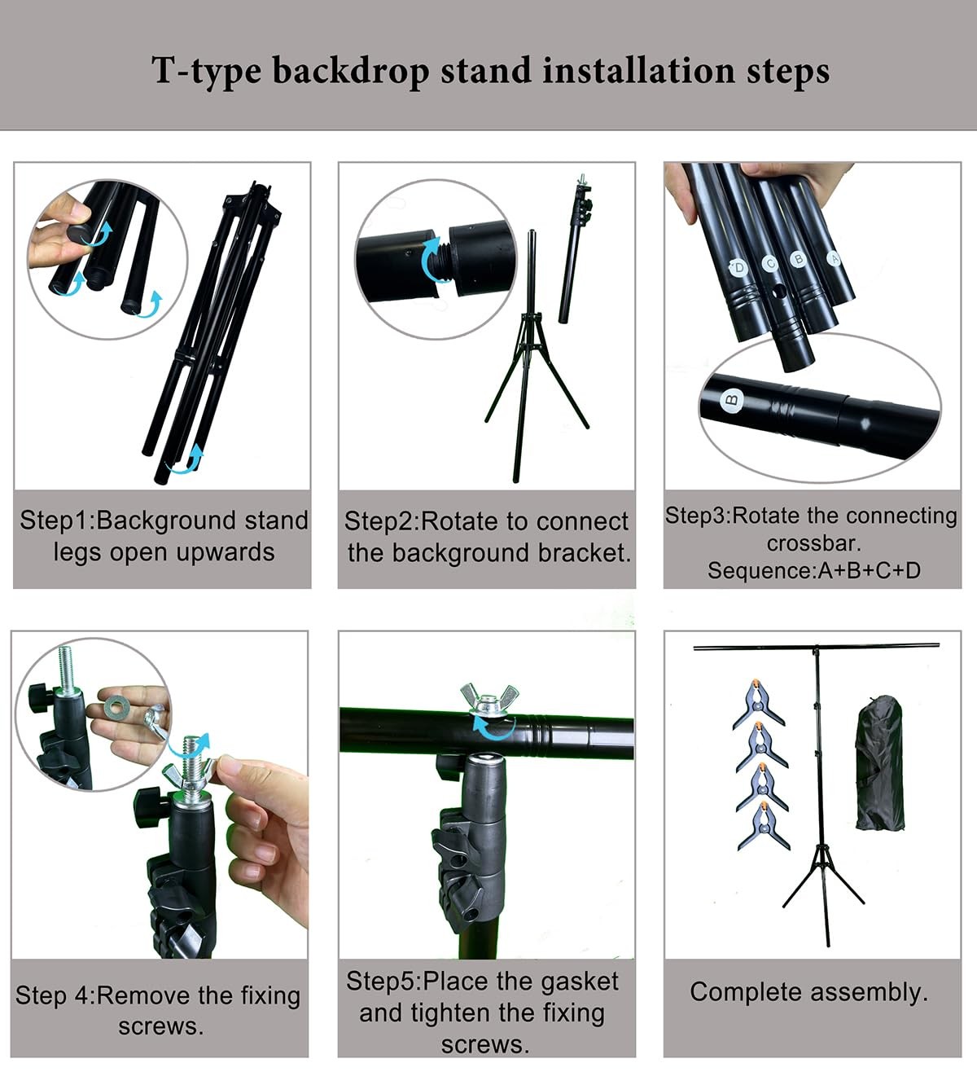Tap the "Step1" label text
tap(55, 521)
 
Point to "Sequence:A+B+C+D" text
tap(813, 570)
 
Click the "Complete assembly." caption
tap(808, 992)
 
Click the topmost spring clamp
tap(759, 702)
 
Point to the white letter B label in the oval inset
tap(732, 399)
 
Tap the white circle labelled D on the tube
tap(738, 267)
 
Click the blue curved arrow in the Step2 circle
tap(430, 261)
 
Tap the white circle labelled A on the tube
tap(832, 258)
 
